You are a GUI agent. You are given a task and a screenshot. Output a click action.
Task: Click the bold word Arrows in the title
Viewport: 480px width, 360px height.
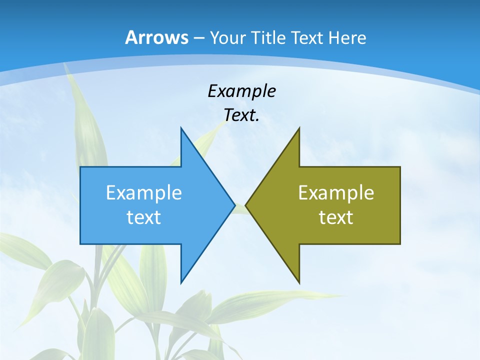pyautogui.click(x=156, y=37)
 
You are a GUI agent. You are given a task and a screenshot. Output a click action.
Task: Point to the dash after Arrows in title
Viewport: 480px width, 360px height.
pyautogui.click(x=198, y=38)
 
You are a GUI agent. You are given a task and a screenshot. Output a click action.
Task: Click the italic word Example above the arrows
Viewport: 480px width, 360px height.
pyautogui.click(x=241, y=91)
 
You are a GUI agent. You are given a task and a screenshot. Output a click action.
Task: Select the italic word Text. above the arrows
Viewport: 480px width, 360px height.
pyautogui.click(x=241, y=115)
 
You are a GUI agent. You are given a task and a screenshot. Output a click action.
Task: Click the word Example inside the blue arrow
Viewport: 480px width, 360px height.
pyautogui.click(x=144, y=192)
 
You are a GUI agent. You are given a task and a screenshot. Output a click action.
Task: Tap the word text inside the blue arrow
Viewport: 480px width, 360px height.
pyautogui.click(x=144, y=217)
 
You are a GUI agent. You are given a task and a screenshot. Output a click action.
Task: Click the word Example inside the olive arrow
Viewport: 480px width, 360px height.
pyautogui.click(x=336, y=192)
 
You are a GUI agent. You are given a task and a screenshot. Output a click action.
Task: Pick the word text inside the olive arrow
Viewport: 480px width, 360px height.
pyautogui.click(x=336, y=217)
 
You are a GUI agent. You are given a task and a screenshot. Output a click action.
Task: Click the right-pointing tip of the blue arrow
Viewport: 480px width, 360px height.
pyautogui.click(x=234, y=205)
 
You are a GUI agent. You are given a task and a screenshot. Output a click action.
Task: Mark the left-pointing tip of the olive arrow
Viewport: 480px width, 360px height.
pyautogui.click(x=246, y=205)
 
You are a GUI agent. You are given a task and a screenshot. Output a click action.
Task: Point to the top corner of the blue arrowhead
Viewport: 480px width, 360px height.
pyautogui.click(x=181, y=128)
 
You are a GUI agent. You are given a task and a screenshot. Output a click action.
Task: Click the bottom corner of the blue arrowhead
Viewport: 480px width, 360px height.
pyautogui.click(x=181, y=283)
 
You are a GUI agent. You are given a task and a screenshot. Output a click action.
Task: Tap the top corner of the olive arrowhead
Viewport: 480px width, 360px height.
pyautogui.click(x=299, y=128)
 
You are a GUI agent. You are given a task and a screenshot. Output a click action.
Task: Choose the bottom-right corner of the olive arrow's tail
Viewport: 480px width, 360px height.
pyautogui.click(x=400, y=244)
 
